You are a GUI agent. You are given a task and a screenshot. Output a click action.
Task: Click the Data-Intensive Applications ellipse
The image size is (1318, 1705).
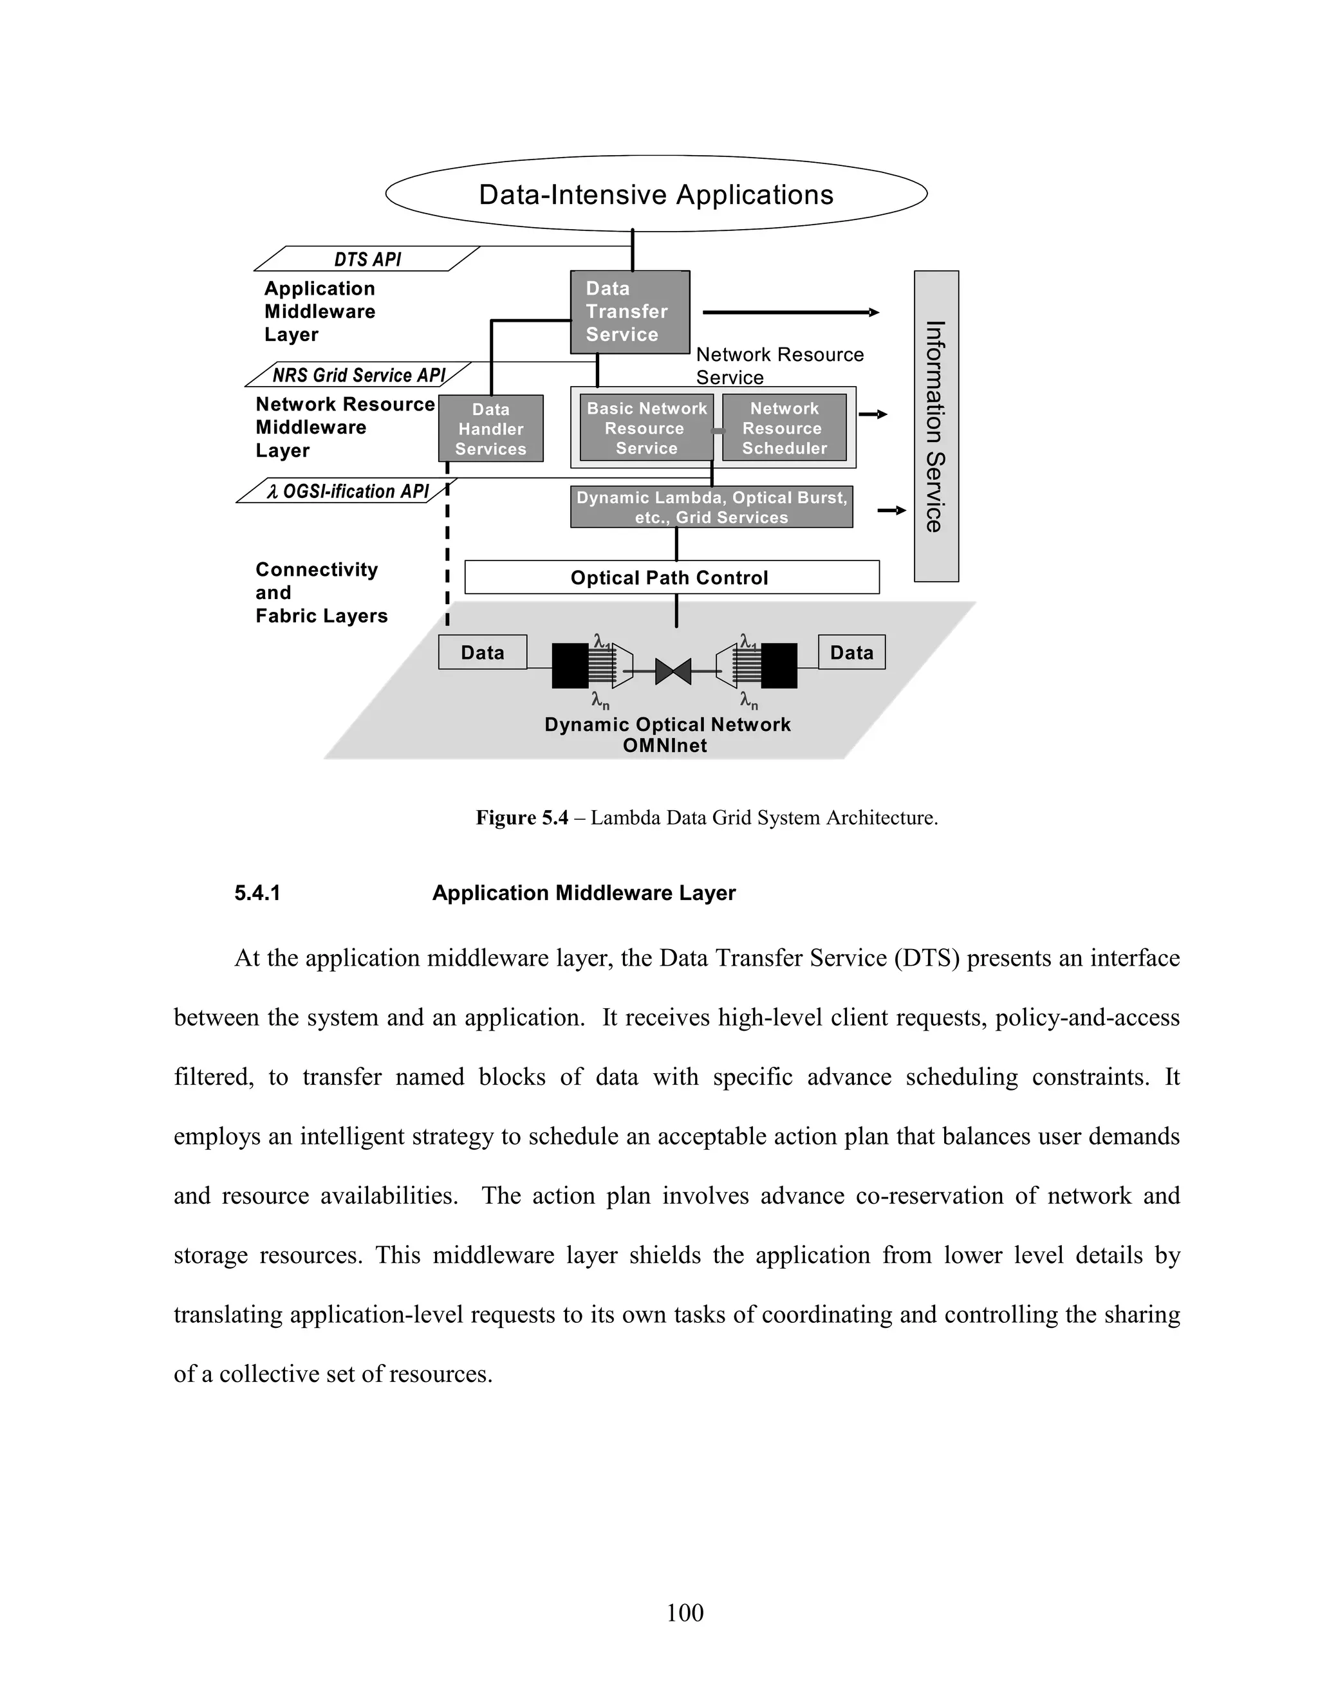click(656, 194)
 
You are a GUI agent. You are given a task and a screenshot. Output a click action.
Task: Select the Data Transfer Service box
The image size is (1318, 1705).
click(629, 311)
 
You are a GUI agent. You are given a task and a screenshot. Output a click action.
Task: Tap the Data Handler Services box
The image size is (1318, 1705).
click(490, 429)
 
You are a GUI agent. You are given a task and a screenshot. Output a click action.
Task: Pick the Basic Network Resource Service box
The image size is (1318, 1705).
click(645, 428)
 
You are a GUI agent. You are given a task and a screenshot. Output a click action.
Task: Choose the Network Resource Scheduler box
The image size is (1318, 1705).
click(784, 428)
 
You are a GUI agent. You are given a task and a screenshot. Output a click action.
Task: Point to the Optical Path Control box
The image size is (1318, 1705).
click(671, 578)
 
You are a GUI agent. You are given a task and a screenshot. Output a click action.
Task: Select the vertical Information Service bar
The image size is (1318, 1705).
click(935, 426)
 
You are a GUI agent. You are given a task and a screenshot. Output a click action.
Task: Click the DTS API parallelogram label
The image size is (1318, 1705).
click(367, 259)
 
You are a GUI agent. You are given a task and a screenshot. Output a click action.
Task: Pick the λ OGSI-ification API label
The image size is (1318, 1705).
click(347, 491)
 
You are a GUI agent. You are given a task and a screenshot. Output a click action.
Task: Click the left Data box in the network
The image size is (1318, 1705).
click(483, 652)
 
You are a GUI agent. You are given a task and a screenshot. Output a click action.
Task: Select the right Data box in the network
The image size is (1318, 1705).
click(851, 652)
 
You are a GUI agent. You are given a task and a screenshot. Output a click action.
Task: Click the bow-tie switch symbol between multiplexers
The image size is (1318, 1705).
click(673, 671)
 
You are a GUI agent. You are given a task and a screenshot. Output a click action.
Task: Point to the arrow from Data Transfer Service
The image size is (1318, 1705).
click(790, 312)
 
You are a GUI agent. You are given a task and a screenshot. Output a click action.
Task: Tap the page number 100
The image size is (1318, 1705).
click(685, 1612)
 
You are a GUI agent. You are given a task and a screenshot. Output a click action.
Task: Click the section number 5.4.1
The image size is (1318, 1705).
click(257, 893)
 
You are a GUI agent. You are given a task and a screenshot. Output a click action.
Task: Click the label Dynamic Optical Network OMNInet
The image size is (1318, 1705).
click(667, 735)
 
